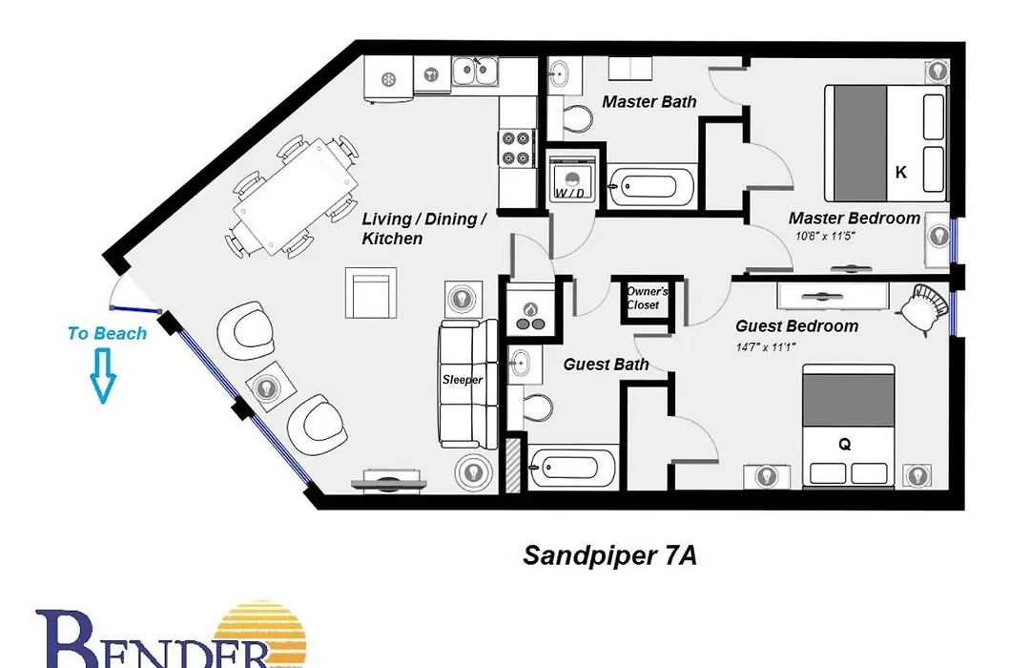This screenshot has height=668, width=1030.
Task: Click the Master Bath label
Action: pos(649,102)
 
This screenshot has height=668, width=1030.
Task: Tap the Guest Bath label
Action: pos(606,365)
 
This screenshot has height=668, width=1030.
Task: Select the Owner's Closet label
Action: pos(647,298)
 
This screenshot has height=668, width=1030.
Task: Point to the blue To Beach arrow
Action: pos(103,375)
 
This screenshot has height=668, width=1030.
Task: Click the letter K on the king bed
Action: pos(901,173)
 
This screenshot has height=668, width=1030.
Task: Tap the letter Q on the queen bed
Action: pos(845,445)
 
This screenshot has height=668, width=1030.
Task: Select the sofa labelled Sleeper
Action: pos(467,385)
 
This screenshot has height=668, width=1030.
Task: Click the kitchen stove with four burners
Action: pos(516,148)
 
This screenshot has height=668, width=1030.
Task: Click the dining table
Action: pos(295,196)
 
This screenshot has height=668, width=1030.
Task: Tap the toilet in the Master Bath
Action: pos(572,118)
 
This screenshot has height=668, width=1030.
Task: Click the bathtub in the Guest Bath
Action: pos(571,468)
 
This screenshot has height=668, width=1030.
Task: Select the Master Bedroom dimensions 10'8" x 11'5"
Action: pos(825,236)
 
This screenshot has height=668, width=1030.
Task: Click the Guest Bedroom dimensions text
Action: pos(766,346)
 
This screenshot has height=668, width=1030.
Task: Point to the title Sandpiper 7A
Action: pos(609,555)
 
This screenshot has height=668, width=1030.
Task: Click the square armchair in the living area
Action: pos(371,293)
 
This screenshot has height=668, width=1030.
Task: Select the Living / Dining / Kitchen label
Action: pos(424,228)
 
